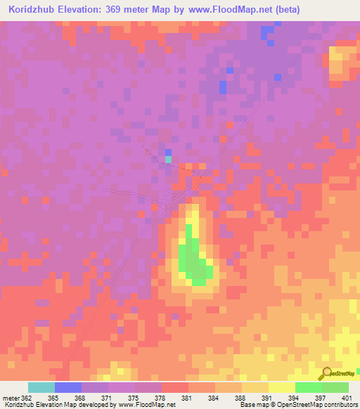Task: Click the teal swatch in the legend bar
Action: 41,387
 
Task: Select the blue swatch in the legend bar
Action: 68,387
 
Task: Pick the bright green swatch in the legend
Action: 309,387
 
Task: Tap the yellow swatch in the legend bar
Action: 282,387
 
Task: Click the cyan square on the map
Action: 168,160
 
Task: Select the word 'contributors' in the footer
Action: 338,405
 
